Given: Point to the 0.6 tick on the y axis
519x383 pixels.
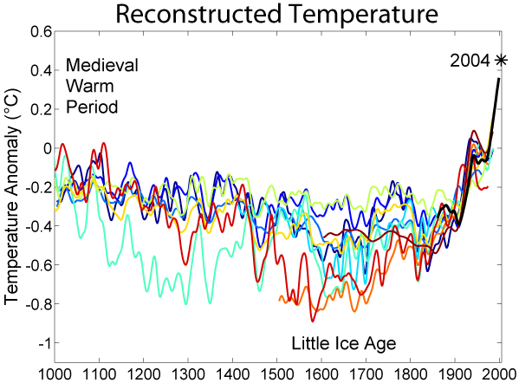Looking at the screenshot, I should (40, 31).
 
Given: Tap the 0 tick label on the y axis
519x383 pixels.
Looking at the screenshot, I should (47, 148).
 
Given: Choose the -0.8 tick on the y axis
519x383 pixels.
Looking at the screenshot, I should (37, 304).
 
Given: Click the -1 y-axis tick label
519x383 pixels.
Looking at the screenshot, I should (43, 343).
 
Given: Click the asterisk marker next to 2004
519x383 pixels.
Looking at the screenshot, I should (501, 60).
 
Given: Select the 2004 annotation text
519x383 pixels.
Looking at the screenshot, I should (470, 61).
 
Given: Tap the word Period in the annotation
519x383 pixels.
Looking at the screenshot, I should (91, 108).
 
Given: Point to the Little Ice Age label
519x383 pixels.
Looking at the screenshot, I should (343, 343).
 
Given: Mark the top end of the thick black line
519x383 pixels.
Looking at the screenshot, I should (499, 79).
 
